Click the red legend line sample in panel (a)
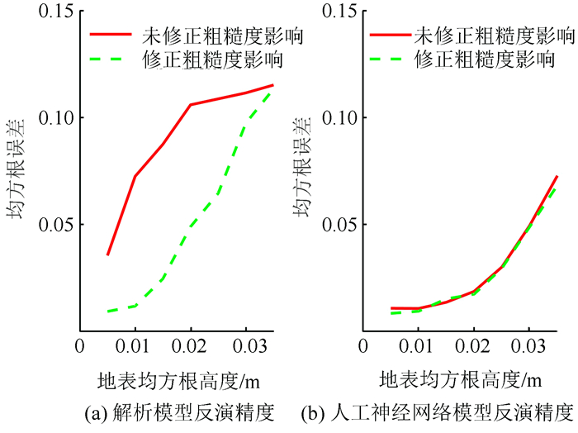pos(111,36)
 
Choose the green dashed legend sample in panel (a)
pos(111,60)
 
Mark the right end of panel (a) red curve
pos(272,85)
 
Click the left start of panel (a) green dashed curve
pos(107,312)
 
